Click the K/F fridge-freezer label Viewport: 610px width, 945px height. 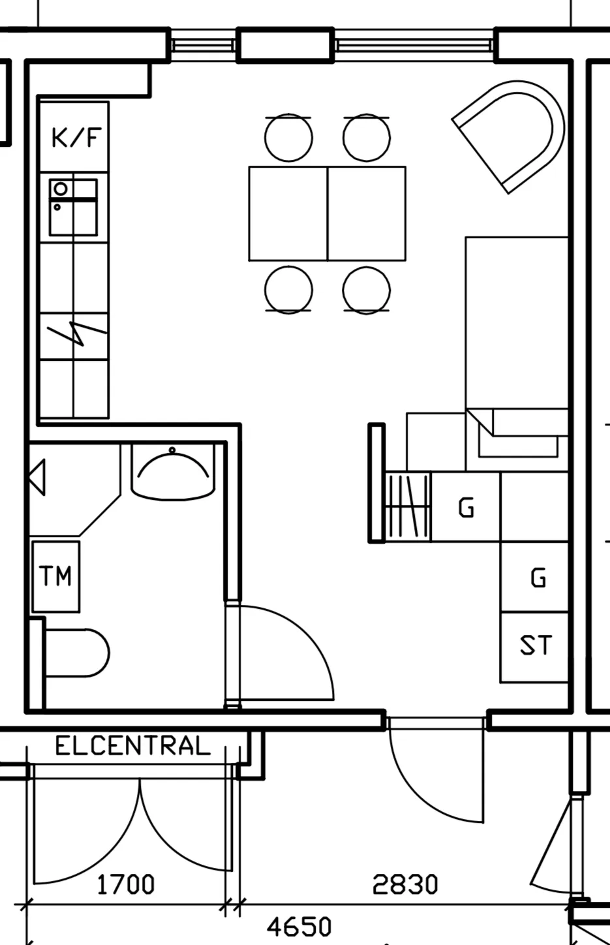pos(76,138)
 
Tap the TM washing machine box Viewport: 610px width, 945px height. pos(55,576)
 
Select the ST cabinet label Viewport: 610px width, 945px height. pos(536,645)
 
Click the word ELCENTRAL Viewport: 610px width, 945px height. pos(133,745)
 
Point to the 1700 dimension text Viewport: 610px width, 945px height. pos(126,885)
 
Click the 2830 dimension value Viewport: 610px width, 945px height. pos(405,885)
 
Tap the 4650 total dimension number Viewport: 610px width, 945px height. pos(299,927)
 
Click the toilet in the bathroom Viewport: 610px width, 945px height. pos(76,653)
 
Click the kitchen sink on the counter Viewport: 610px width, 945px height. pos(74,207)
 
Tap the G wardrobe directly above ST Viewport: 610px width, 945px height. pos(534,577)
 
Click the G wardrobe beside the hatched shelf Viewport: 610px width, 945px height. pos(466,506)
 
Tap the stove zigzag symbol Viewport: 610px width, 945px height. pos(77,333)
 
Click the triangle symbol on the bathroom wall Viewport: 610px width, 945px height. pos(37,478)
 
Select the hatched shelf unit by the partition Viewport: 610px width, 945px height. pos(408,506)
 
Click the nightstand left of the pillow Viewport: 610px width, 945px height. pos(436,442)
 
